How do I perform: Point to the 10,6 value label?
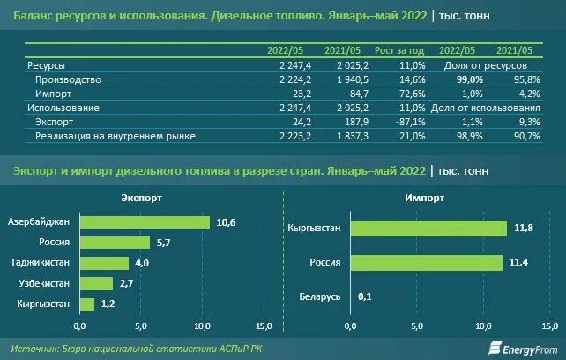(x=226, y=221)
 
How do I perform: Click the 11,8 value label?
(x=524, y=229)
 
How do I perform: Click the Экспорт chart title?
(x=142, y=199)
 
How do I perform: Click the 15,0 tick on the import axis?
(x=552, y=326)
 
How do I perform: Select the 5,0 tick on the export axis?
(x=141, y=326)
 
